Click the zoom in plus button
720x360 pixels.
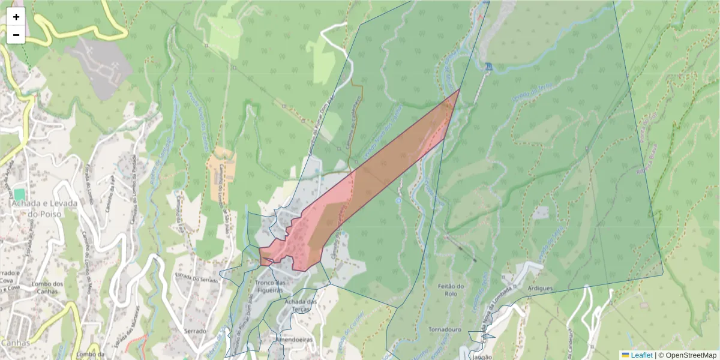pos(16,17)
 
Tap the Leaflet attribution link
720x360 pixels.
pos(641,355)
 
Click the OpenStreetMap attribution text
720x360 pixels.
pos(690,355)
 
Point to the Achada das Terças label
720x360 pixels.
pos(301,304)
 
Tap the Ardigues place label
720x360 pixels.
pos(540,289)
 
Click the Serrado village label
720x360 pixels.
pos(196,331)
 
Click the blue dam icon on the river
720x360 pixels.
pos(489,67)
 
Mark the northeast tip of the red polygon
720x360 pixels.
pos(460,89)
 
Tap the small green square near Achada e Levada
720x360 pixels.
pos(19,194)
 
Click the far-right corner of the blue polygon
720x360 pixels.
pos(663,275)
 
